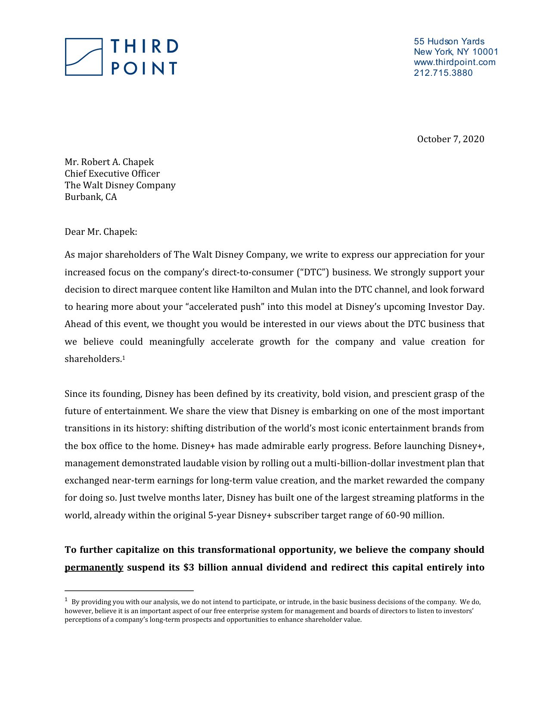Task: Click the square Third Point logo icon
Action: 84,57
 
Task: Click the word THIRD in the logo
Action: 144,47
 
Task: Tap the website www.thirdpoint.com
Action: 454,62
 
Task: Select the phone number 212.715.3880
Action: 443,73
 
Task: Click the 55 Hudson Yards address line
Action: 449,41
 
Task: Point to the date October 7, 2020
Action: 450,139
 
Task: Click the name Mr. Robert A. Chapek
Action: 109,162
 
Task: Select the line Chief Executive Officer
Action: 112,174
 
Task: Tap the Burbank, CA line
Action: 90,197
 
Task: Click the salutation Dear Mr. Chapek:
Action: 101,232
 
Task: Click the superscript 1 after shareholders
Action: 124,357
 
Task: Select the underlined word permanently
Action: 94,568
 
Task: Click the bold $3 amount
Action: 189,568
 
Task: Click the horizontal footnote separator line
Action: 129,591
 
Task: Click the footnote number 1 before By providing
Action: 66,600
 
